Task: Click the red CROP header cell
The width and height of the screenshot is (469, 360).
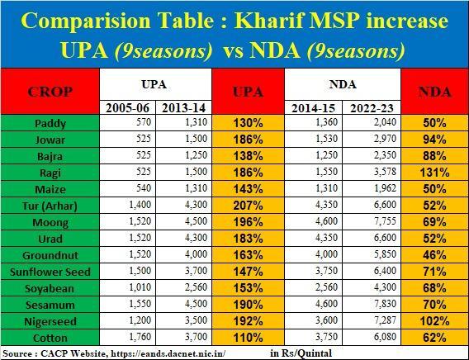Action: coord(50,92)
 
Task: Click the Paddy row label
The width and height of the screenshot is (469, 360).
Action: coord(50,124)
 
